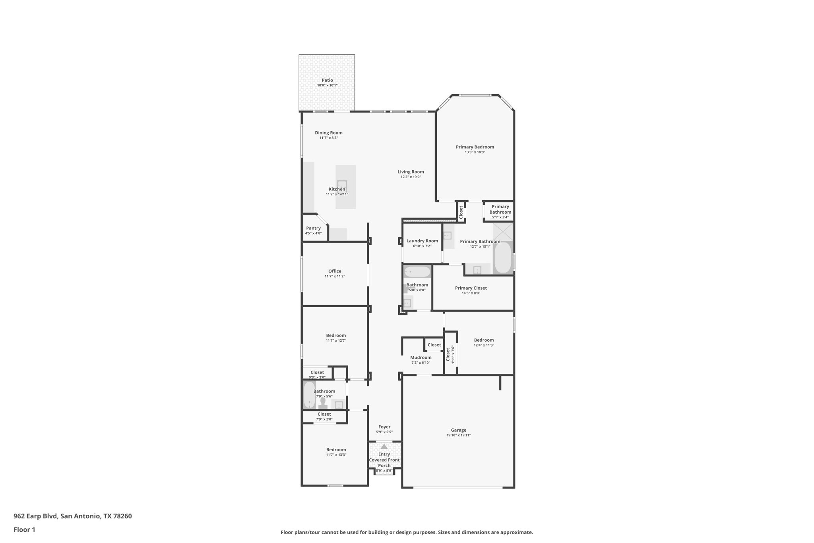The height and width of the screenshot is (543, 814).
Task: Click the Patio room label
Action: coord(327,80)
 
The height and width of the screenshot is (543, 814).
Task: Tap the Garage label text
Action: coord(458,430)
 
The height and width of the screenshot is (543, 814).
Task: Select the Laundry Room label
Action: coord(422,241)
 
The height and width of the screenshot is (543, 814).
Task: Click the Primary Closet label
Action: coord(471,288)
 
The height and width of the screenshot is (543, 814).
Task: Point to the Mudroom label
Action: coord(421,357)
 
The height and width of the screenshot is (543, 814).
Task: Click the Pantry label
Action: coord(313,228)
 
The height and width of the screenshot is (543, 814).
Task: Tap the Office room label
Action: coord(335,271)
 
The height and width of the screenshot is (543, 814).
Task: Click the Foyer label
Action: coord(384,427)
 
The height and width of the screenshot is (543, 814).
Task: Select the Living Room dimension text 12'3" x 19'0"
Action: coord(411,177)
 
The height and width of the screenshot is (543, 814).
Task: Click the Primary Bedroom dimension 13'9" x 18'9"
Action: coord(475,152)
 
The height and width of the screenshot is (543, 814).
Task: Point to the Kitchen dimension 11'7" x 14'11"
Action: coord(337,194)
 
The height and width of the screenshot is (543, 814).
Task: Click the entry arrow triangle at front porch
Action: coord(384,447)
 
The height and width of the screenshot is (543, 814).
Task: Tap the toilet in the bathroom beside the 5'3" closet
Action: coord(323,403)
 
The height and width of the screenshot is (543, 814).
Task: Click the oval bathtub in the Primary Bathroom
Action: coord(503,257)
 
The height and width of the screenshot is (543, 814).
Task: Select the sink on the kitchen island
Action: coord(342,185)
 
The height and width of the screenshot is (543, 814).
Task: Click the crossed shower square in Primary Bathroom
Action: coord(503,232)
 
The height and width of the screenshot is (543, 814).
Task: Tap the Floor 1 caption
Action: coord(24,529)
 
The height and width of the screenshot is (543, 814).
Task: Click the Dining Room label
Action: coord(328,133)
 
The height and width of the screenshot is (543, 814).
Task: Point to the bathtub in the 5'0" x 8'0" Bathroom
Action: coord(417,272)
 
